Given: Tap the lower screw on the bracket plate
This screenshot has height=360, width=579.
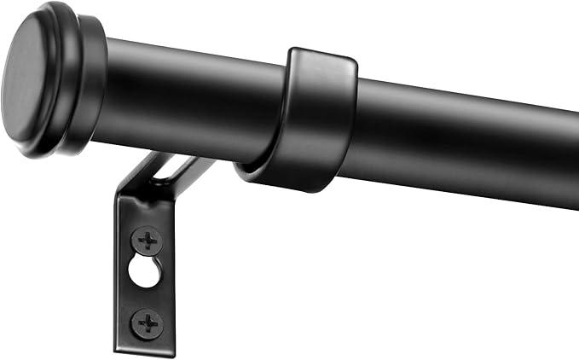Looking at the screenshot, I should [x=148, y=323].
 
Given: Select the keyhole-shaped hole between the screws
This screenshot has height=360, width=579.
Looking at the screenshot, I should [x=143, y=270].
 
